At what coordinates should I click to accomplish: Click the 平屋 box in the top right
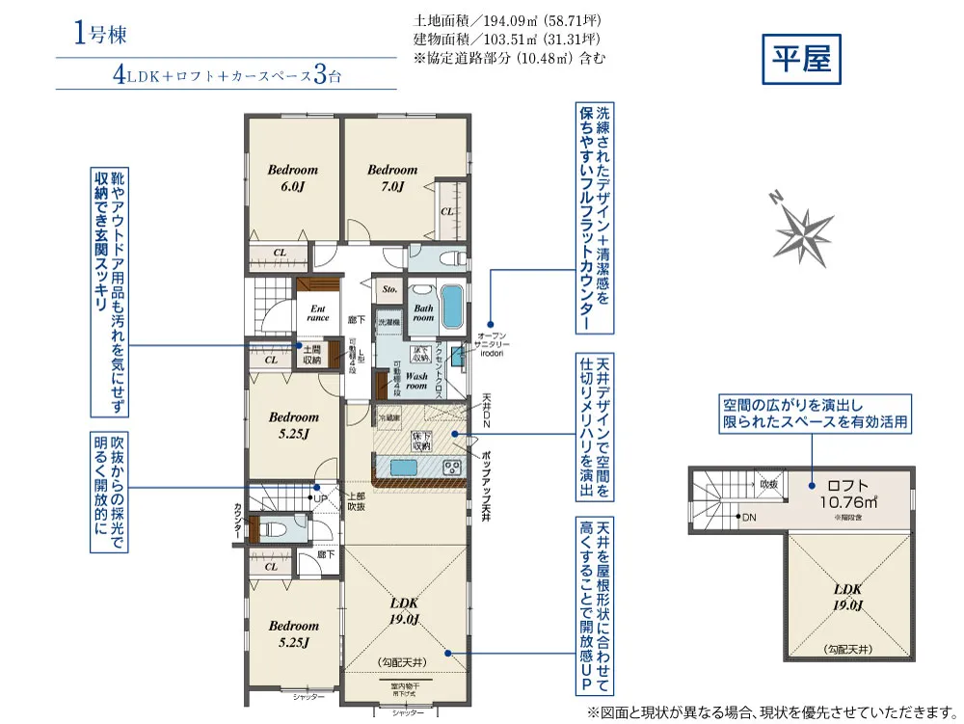(801, 60)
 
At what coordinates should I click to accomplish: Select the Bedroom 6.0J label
(292, 177)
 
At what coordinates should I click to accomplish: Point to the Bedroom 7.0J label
(392, 177)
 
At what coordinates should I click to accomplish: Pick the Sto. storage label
(389, 288)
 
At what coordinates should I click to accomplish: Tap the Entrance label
(317, 313)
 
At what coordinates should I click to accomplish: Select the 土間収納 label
(311, 354)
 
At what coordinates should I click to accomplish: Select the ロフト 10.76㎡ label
(848, 494)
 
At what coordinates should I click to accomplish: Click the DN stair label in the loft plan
(748, 518)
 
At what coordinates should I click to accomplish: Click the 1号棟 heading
(99, 34)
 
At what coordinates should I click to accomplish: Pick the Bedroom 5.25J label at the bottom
(293, 632)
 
